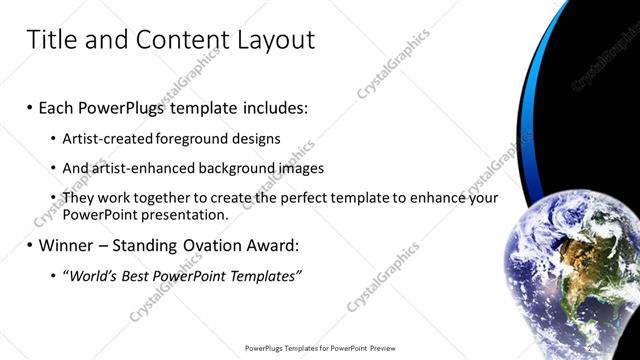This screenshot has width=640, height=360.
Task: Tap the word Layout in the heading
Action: pos(276,40)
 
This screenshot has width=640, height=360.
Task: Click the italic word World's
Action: pos(92,275)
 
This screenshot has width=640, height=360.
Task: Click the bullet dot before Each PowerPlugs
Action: pos(30,107)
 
